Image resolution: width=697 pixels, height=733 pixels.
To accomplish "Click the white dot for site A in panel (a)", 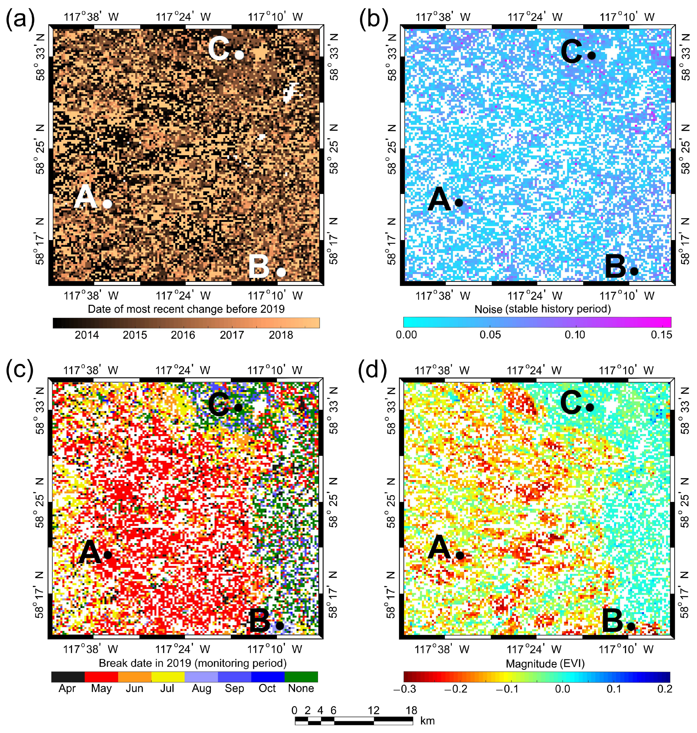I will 107,204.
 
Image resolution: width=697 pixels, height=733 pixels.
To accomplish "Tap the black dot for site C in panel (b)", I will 591,55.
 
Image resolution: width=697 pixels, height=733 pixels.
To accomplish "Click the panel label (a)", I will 21,19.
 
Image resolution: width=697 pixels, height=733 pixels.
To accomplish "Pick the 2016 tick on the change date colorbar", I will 183,335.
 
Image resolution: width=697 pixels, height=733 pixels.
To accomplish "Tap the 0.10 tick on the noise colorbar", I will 574,335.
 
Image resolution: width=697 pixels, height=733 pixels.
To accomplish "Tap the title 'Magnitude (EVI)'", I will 545,663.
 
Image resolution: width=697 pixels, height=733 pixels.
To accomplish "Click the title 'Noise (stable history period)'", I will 542,309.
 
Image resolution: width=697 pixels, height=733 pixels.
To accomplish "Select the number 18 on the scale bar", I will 411,710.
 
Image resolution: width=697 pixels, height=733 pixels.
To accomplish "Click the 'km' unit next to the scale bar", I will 427,721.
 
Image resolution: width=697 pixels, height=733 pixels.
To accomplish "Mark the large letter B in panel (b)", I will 616,267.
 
